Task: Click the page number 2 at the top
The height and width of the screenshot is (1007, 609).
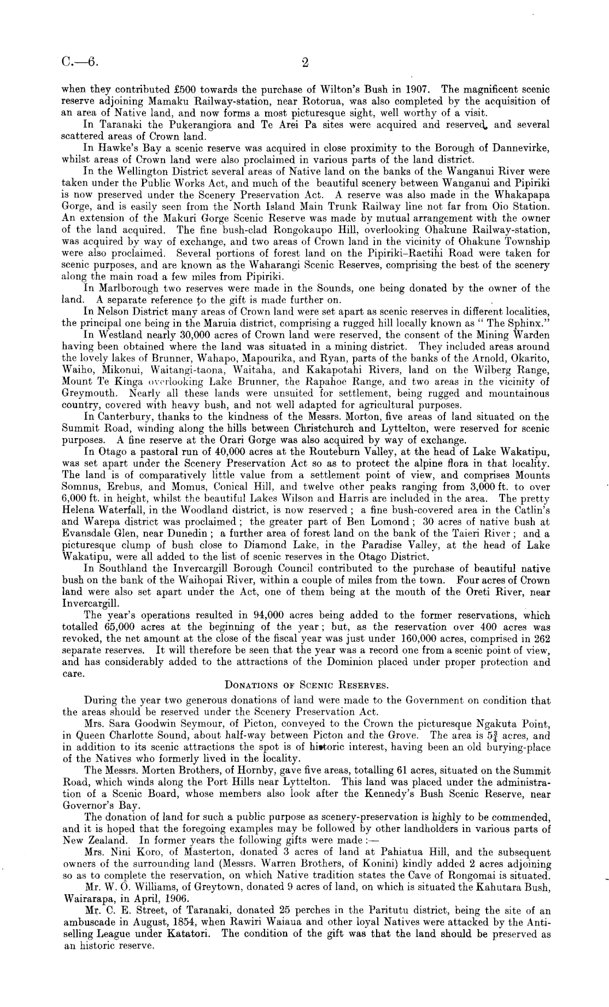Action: tap(305, 62)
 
